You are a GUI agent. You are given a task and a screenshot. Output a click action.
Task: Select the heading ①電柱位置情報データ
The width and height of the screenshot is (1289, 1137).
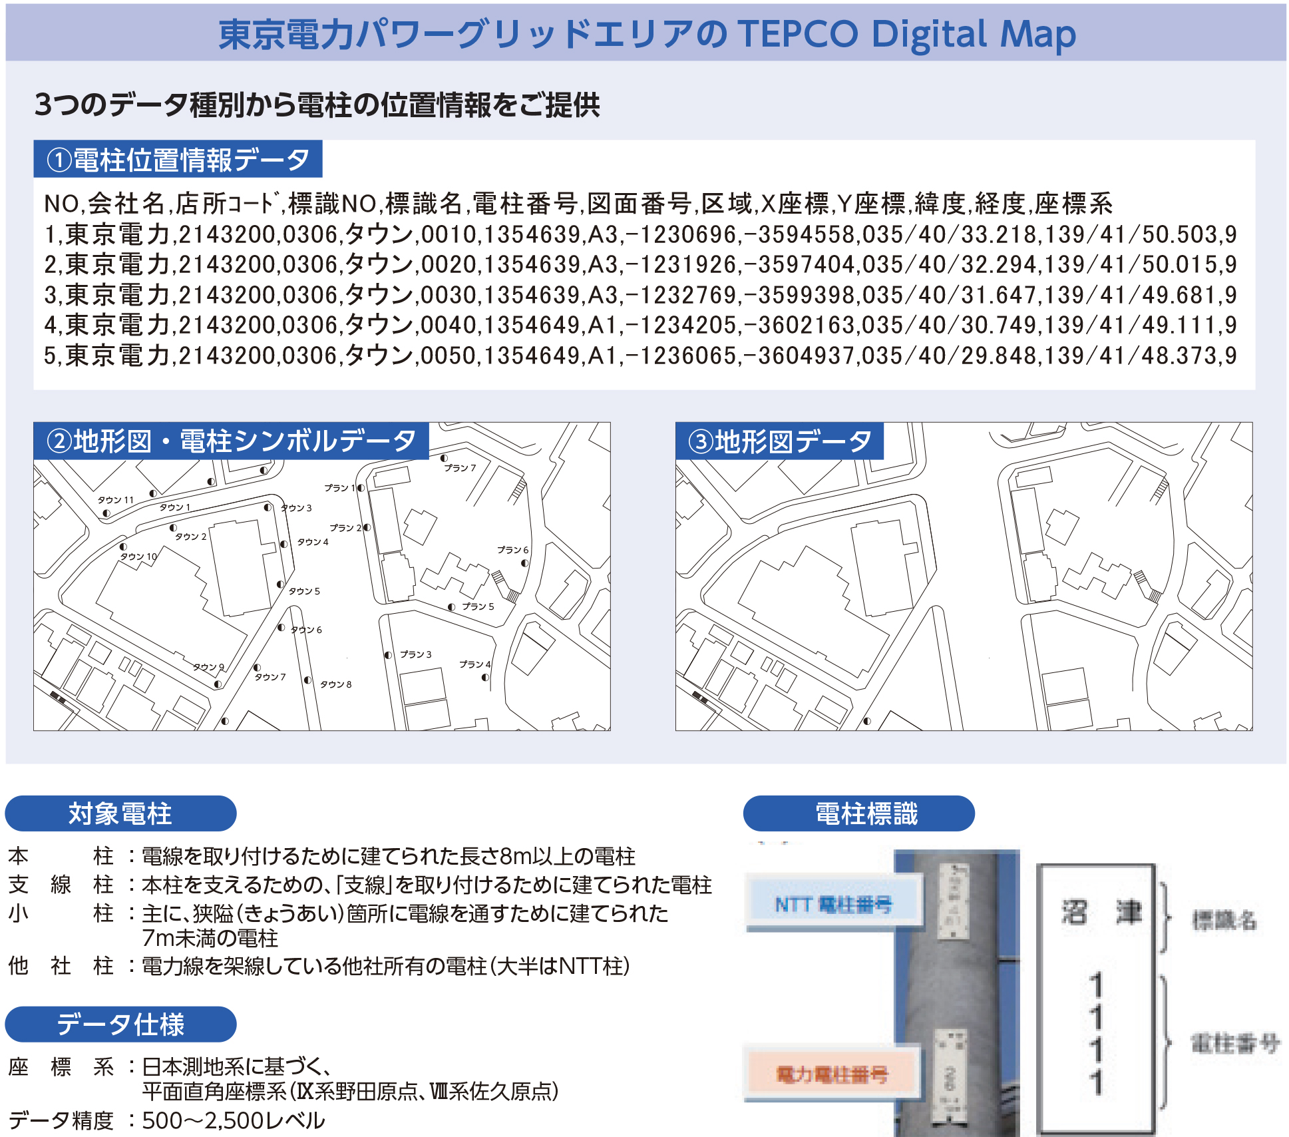(x=178, y=160)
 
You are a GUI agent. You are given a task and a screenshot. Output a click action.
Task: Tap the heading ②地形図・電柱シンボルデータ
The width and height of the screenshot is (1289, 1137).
(x=231, y=441)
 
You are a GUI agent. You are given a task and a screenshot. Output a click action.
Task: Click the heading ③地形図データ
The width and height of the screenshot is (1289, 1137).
(x=779, y=441)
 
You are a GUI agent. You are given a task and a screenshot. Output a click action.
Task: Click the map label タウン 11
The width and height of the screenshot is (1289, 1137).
(x=116, y=499)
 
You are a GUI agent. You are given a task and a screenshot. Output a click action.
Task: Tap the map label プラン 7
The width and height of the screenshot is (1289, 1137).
(x=460, y=468)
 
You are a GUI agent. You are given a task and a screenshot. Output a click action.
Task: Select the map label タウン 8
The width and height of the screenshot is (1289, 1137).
(x=335, y=684)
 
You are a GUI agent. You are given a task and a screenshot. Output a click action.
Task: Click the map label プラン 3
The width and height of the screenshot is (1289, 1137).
(x=416, y=654)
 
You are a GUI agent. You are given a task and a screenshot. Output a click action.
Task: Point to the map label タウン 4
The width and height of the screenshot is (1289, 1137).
(x=313, y=542)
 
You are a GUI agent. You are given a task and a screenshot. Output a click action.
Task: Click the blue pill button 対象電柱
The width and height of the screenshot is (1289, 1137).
(x=120, y=813)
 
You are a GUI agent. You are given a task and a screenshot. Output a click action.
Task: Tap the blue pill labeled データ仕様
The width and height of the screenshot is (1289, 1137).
(x=120, y=1024)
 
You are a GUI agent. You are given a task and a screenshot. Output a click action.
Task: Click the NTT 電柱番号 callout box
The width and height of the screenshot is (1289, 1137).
(x=833, y=904)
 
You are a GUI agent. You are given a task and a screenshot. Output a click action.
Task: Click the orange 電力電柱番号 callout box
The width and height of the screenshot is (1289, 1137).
(x=832, y=1074)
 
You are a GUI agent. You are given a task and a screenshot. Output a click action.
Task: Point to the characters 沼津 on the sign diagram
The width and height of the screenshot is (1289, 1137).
(x=1101, y=912)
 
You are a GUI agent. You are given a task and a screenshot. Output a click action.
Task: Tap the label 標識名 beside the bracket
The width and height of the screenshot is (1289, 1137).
(x=1223, y=920)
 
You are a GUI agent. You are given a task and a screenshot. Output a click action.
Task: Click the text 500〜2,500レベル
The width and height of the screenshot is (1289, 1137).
(x=234, y=1121)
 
